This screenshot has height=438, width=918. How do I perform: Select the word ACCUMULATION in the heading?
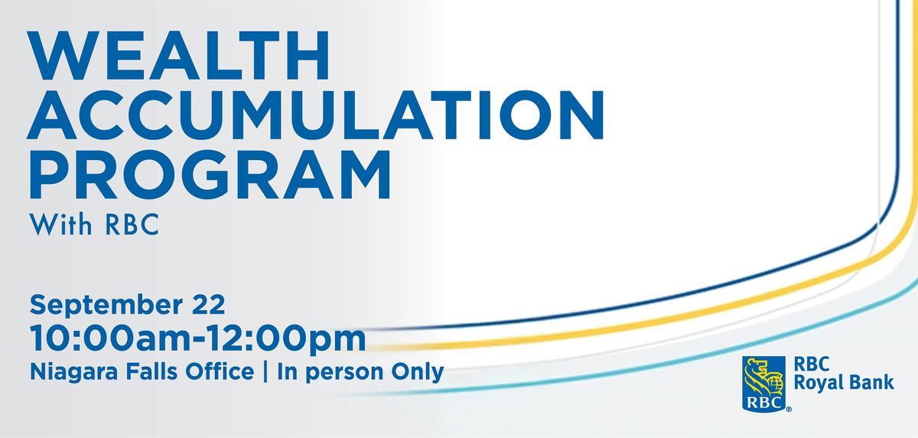(x=315, y=115)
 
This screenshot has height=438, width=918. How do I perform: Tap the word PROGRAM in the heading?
(x=210, y=175)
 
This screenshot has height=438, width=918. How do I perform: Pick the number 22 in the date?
(x=209, y=304)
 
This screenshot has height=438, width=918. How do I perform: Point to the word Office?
(x=220, y=372)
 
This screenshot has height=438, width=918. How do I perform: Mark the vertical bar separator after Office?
(x=265, y=372)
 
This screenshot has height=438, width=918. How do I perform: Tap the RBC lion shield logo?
(x=763, y=384)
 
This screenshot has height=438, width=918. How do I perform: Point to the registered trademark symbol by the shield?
(x=789, y=409)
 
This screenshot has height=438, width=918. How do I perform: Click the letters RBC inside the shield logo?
(x=764, y=402)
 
